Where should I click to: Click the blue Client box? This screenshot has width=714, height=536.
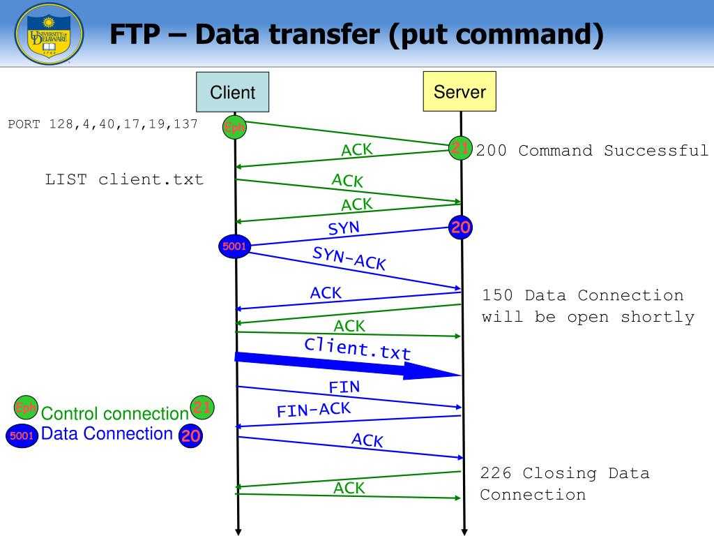pos(233,92)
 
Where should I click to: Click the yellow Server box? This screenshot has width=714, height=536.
pos(459,91)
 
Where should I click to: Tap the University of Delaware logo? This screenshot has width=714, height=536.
pos(49,34)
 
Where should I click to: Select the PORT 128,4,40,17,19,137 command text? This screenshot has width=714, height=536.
pos(103,124)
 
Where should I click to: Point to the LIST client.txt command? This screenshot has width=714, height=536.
pos(125,179)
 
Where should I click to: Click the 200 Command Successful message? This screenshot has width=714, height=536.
pos(592,151)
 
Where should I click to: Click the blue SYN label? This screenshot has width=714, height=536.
pos(344,228)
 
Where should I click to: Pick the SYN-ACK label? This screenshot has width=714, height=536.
pos(349,258)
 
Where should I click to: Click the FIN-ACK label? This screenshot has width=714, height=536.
pos(314,410)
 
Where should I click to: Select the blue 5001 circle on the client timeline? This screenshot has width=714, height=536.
pos(235,246)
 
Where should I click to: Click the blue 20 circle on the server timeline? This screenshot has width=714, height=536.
pos(461,228)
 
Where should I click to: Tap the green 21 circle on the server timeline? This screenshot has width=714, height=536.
pos(460,148)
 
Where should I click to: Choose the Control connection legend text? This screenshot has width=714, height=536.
pos(115,413)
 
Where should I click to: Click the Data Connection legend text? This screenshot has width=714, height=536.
pos(107,433)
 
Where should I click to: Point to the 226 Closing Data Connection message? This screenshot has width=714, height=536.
pos(564,484)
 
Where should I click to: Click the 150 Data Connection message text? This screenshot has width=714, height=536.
pos(588,306)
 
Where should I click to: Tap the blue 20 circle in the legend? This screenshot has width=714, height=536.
pos(191,436)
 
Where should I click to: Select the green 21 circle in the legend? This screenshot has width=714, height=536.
pos(202,407)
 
